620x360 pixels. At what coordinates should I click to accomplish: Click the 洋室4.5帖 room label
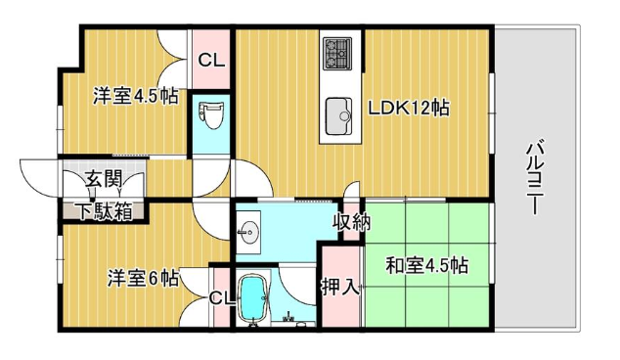click(x=136, y=97)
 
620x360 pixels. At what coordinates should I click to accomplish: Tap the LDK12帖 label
click(x=408, y=108)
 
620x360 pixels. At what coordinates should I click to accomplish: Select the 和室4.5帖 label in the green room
click(x=425, y=265)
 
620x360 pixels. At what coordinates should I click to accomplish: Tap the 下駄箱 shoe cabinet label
click(x=102, y=209)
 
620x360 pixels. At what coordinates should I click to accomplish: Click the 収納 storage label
click(x=354, y=221)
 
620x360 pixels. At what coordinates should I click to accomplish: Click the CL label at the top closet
click(x=211, y=60)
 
